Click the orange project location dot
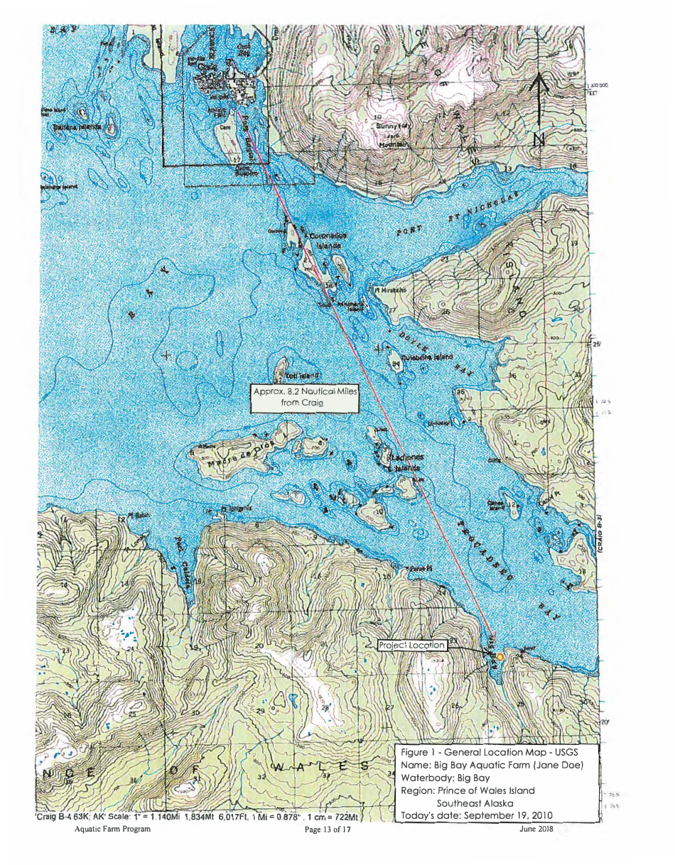pyautogui.click(x=499, y=656)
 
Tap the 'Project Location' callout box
pyautogui.click(x=413, y=645)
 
